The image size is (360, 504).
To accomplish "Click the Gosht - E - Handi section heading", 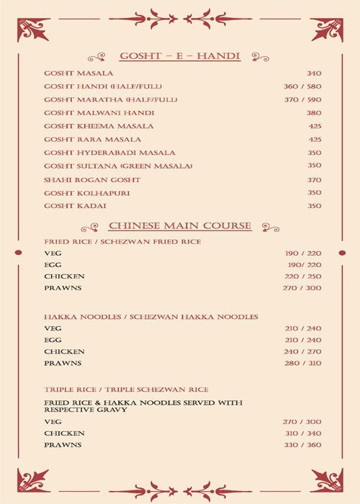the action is pyautogui.click(x=179, y=55).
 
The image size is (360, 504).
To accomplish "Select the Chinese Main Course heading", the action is pyautogui.click(x=180, y=226).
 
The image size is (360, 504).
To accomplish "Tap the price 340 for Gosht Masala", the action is pyautogui.click(x=314, y=73).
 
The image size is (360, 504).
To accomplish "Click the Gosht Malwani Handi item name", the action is pyautogui.click(x=89, y=113).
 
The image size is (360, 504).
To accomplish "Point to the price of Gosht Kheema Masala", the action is pyautogui.click(x=315, y=126).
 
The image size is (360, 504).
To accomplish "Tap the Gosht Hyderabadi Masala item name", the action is pyautogui.click(x=99, y=153).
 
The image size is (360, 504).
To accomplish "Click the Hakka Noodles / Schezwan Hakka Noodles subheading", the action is pyautogui.click(x=151, y=317).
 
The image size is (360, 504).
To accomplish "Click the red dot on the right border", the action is pyautogui.click(x=341, y=253).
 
